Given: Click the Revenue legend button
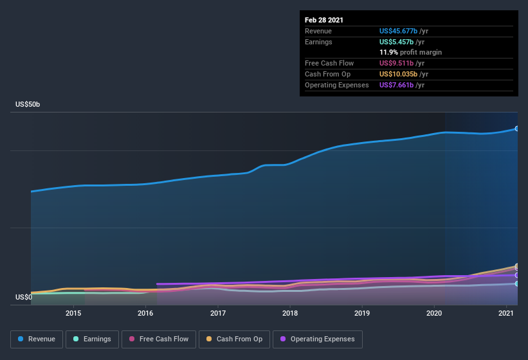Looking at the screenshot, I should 36,339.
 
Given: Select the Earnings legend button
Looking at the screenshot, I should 92,339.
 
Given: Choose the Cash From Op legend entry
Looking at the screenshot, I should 235,339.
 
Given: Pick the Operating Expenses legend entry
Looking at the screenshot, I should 317,339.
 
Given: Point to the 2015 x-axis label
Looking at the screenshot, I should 73,313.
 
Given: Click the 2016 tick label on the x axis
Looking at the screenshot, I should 145,313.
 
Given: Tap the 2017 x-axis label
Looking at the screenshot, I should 218,313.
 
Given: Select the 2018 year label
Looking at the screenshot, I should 290,313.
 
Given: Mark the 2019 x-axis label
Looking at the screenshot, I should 362,313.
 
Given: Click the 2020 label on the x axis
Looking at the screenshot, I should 434,313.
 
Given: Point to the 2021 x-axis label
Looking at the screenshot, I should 506,313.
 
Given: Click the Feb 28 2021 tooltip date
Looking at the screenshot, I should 324,20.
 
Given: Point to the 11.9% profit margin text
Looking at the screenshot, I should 410,52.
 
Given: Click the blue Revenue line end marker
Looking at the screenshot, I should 517,129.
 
